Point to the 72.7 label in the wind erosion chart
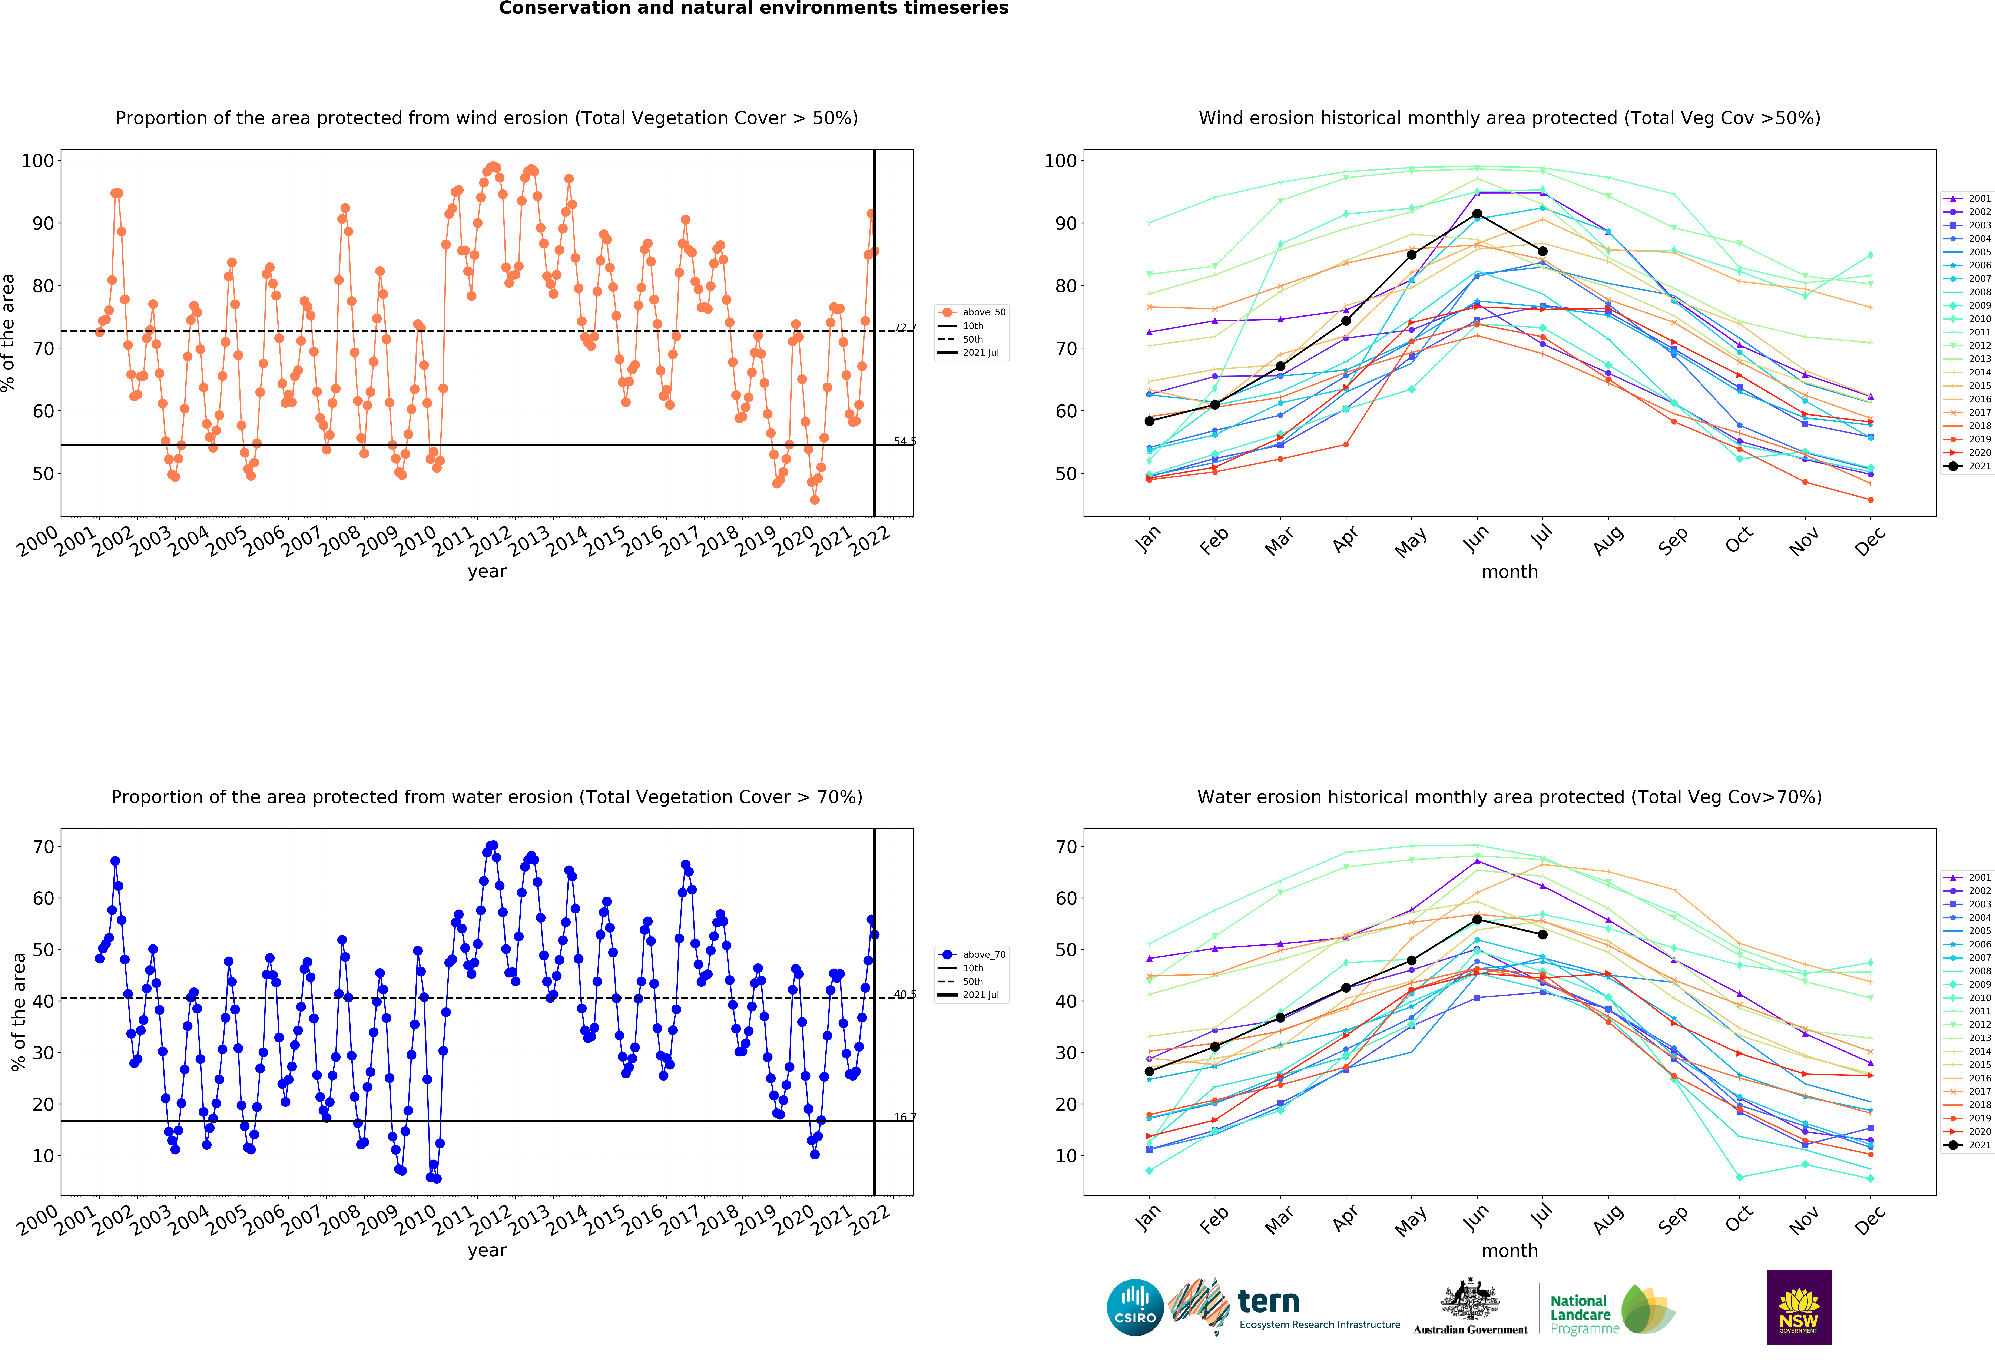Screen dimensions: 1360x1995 (x=905, y=328)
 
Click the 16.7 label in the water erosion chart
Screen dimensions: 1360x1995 (x=905, y=1117)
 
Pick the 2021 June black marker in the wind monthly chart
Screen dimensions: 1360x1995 (x=1477, y=214)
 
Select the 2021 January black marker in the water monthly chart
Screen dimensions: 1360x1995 (x=1149, y=1072)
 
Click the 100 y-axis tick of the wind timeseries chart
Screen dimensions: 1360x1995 (x=38, y=161)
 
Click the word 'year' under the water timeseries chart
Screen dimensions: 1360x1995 (x=487, y=1250)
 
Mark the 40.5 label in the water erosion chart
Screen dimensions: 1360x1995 (x=905, y=994)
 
